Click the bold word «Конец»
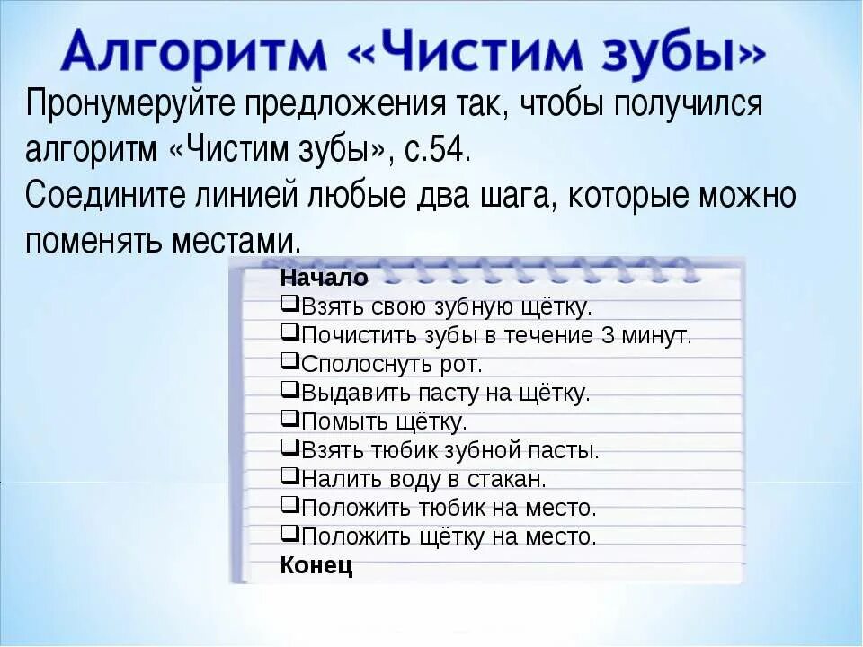tap(316, 565)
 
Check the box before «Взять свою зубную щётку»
tap(289, 305)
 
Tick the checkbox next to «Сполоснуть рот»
tap(289, 362)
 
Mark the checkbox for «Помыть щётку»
tap(289, 420)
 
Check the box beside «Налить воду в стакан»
tap(289, 477)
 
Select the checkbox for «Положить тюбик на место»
tap(289, 506)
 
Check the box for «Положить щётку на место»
tap(289, 535)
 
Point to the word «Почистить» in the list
tap(351, 335)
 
